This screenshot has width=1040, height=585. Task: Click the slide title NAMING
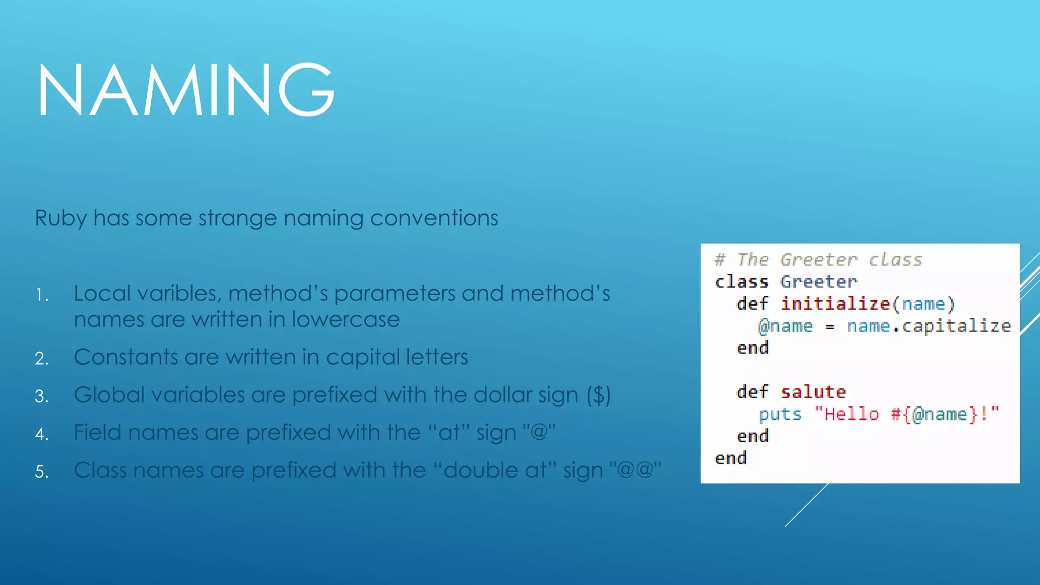(x=186, y=90)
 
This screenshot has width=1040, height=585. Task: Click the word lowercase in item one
(x=345, y=320)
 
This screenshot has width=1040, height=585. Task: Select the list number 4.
(x=42, y=434)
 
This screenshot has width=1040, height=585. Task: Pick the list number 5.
(x=42, y=472)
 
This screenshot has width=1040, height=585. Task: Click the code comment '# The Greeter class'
(x=818, y=260)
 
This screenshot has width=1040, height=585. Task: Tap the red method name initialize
(x=835, y=304)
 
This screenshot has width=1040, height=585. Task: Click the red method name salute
(x=814, y=392)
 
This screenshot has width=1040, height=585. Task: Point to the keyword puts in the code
(x=780, y=414)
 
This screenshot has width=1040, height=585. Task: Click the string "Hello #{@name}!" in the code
(x=906, y=414)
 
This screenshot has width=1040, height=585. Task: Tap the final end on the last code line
(x=731, y=458)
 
